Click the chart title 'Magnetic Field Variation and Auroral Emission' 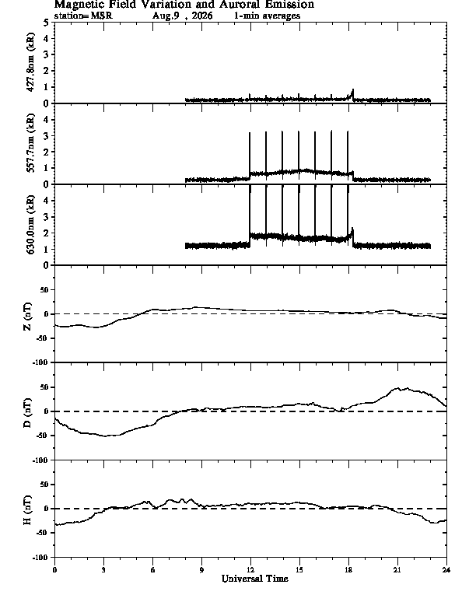click(184, 5)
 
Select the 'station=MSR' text click(83, 16)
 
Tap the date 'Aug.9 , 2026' click(183, 16)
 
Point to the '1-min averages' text click(267, 16)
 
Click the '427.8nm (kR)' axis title click(30, 62)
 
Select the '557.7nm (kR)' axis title click(30, 143)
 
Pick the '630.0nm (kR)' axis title click(30, 224)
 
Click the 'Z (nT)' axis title click(27, 317)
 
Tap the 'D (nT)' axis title click(27, 413)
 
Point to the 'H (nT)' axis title click(27, 510)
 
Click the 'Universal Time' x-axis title click(255, 579)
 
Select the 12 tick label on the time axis click(250, 570)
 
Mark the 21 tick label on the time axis click(397, 570)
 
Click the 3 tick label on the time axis click(103, 570)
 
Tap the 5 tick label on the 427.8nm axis click(47, 23)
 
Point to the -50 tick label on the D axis click(43, 436)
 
